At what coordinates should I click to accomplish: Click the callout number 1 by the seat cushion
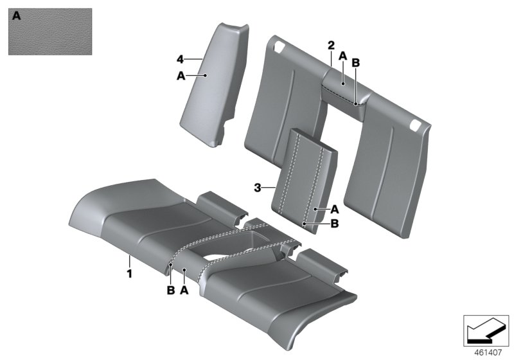click(x=129, y=273)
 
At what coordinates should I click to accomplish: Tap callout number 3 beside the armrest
click(x=258, y=188)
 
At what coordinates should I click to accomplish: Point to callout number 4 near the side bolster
click(x=181, y=59)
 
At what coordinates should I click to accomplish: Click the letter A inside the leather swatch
click(x=17, y=17)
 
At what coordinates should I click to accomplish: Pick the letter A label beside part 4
click(x=181, y=75)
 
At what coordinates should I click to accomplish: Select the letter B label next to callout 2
click(x=357, y=62)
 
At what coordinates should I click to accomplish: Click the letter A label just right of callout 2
click(x=343, y=57)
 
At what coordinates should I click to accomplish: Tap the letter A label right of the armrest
click(x=334, y=209)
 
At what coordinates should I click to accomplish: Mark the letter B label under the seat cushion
click(x=170, y=290)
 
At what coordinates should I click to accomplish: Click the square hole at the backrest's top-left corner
click(x=281, y=46)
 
